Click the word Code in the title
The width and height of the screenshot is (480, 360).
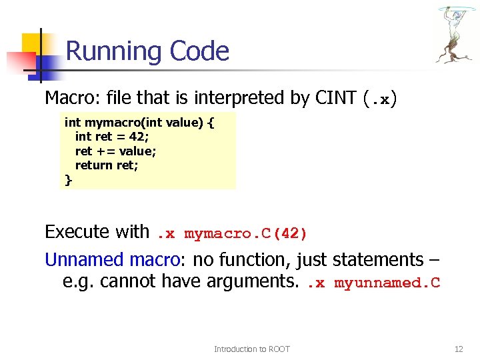pos(199,51)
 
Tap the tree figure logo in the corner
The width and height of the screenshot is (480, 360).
pos(455,35)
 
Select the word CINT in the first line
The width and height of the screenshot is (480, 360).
pos(335,98)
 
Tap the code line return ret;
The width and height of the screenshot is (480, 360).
pos(107,165)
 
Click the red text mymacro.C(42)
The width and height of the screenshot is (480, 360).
pos(246,234)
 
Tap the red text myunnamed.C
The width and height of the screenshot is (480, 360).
pos(387,283)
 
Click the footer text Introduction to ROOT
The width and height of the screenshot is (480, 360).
pos(252,349)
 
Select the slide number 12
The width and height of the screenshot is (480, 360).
pos(458,349)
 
